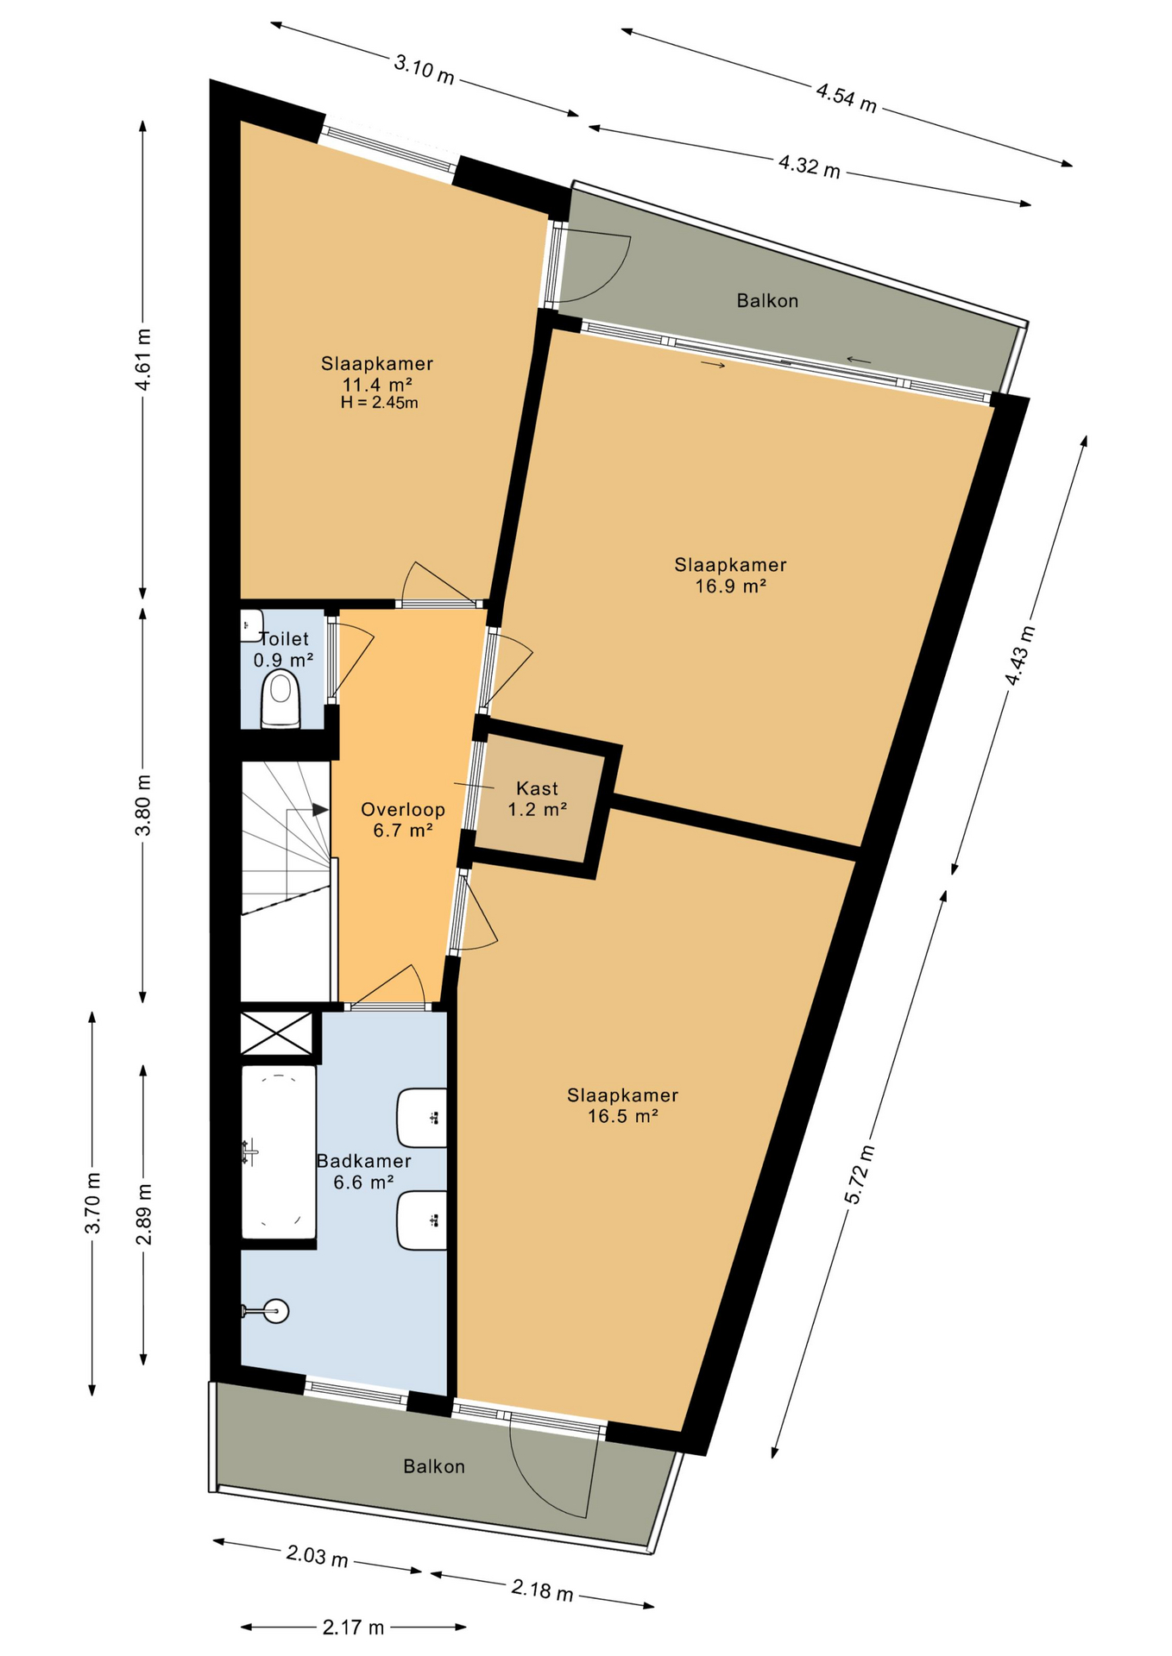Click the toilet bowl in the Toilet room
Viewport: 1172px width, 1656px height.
pos(280,699)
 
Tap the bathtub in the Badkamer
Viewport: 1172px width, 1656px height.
pos(278,1152)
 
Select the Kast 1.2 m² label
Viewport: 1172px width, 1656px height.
pos(537,799)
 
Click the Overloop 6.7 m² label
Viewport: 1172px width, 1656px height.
pos(403,820)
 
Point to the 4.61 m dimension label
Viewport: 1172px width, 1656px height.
pos(143,360)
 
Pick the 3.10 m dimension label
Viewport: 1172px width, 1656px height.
pos(424,69)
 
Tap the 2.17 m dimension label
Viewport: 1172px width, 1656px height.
pos(353,1628)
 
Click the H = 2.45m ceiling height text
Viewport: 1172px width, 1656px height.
pos(379,403)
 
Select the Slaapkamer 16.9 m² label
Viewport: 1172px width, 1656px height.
pos(730,575)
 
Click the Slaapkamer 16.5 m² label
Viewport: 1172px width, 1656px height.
pos(622,1105)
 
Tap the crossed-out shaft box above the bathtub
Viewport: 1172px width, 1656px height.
pos(276,1032)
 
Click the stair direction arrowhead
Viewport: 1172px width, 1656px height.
pos(320,810)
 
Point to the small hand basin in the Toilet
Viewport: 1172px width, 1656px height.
pos(251,624)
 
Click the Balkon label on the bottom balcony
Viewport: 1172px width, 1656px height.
pos(434,1466)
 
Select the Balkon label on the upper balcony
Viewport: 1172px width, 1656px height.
pos(767,300)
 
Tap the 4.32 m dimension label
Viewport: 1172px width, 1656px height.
pos(810,165)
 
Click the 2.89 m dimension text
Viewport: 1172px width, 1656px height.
pos(143,1214)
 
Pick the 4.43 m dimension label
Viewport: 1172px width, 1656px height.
pos(1019,655)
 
